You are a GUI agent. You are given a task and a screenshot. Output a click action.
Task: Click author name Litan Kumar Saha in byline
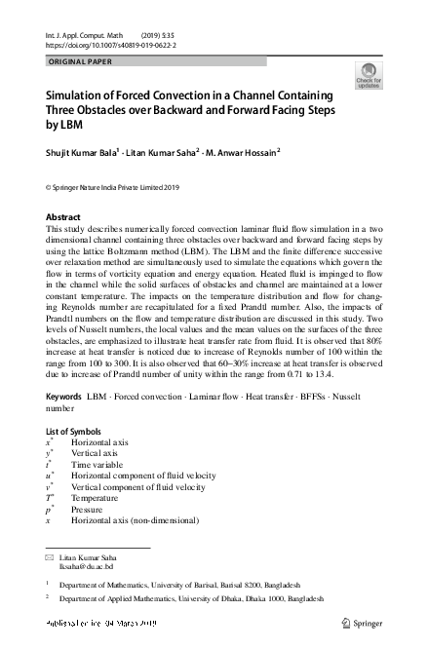click(163, 152)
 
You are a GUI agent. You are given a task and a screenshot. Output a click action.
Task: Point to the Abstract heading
click(63, 216)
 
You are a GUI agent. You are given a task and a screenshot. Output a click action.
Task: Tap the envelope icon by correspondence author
click(50, 555)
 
